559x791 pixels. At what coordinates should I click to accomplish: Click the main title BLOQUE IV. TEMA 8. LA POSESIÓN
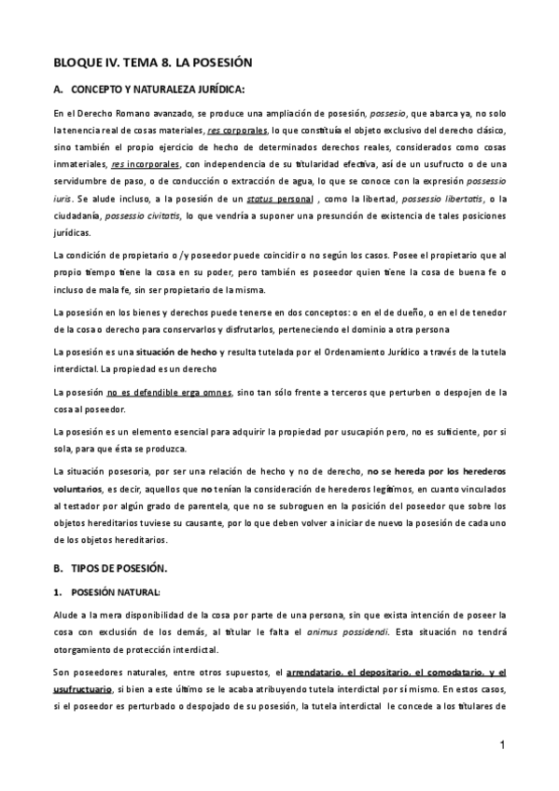tap(154, 62)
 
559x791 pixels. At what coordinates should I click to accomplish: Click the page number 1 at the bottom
tap(501, 746)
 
